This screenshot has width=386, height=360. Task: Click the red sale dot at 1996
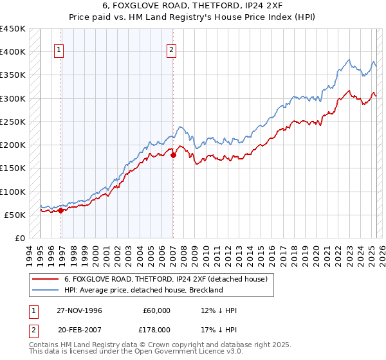(x=61, y=210)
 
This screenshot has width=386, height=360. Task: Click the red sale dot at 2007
(x=173, y=155)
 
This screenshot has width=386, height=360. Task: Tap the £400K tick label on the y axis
(x=13, y=52)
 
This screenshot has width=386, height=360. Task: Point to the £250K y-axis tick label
(x=13, y=122)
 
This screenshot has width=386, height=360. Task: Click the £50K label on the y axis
(x=15, y=215)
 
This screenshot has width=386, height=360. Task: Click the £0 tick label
(x=21, y=238)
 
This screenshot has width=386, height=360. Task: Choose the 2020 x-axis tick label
(x=315, y=253)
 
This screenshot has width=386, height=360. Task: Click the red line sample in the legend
(x=45, y=279)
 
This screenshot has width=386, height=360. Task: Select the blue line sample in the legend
(x=45, y=290)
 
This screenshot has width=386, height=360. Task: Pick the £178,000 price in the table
(x=155, y=331)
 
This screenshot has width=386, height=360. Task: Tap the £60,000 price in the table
(x=157, y=310)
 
